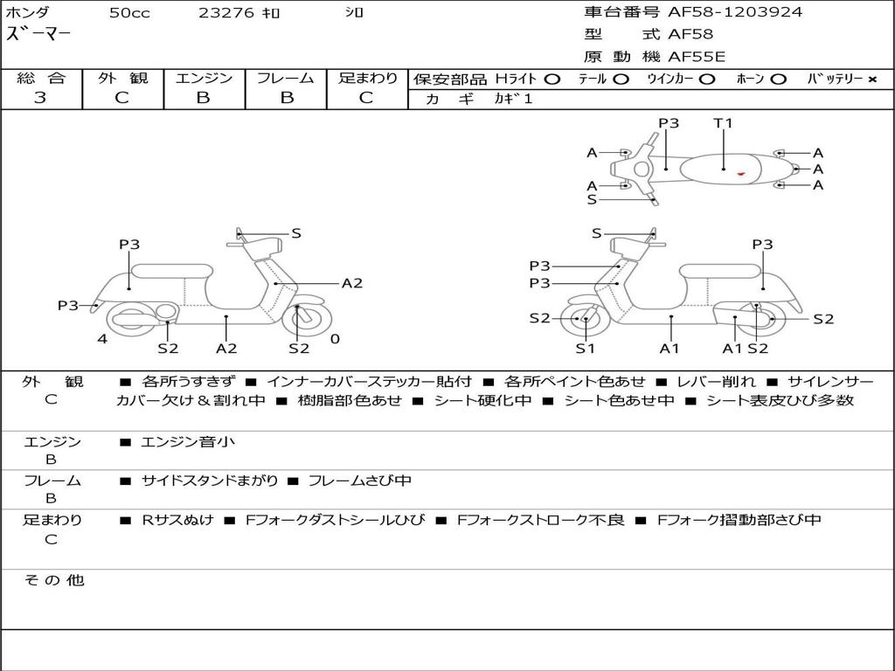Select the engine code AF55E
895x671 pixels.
(x=697, y=58)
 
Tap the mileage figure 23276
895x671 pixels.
(x=226, y=13)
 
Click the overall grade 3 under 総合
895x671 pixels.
(x=40, y=98)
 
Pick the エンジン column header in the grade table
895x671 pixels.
(x=204, y=78)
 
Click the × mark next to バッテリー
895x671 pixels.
(x=871, y=79)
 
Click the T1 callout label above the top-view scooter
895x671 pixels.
(x=723, y=123)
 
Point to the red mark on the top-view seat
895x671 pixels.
(x=740, y=174)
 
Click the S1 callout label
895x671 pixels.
(x=585, y=349)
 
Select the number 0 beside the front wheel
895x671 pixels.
(x=335, y=339)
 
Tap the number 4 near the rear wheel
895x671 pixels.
(x=102, y=339)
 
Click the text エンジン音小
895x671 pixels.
(x=188, y=442)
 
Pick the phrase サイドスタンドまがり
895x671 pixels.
(x=210, y=481)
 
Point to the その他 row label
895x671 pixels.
(x=53, y=580)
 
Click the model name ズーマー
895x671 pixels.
(x=38, y=35)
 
